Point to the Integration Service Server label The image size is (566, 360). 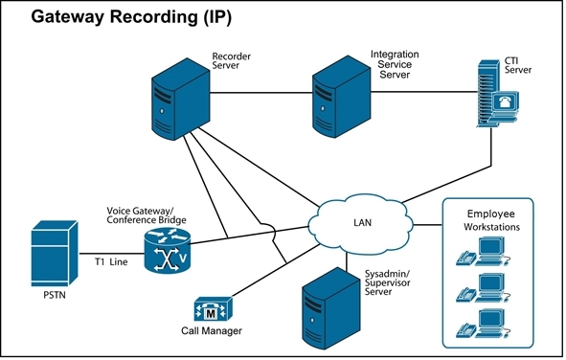[396, 65]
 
